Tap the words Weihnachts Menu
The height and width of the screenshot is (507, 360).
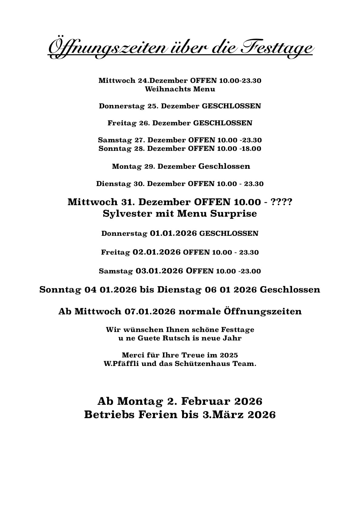(x=180, y=89)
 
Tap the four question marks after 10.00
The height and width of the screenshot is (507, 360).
(x=282, y=202)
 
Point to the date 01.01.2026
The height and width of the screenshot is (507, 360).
(x=174, y=234)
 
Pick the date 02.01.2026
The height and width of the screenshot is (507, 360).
(x=157, y=252)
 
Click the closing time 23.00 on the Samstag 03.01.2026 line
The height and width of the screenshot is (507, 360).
(x=251, y=271)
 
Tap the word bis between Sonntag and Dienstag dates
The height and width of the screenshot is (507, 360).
(x=147, y=290)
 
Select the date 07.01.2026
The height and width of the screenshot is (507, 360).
(x=150, y=312)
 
